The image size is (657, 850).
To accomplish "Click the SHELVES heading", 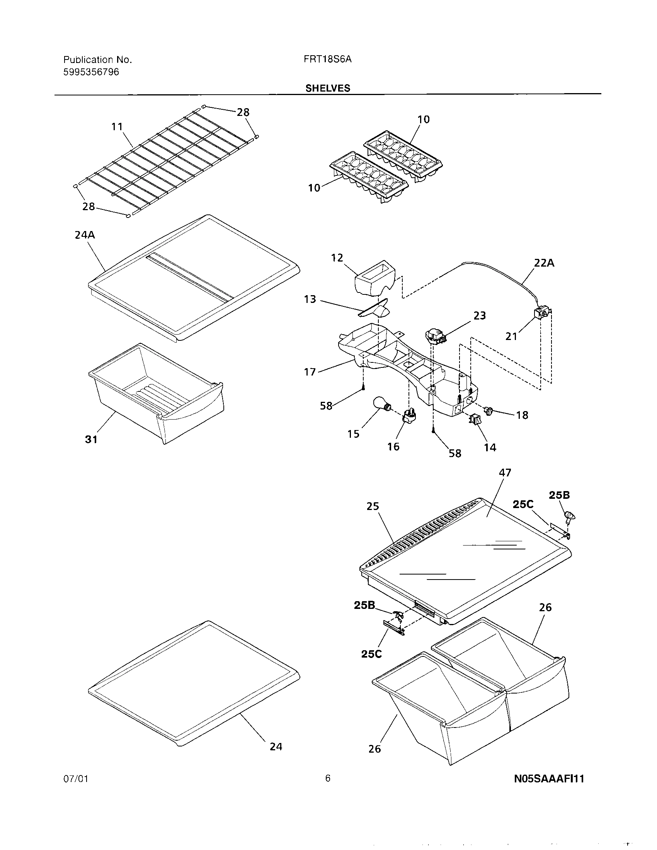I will [x=328, y=88].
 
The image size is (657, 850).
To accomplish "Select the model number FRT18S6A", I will [x=328, y=59].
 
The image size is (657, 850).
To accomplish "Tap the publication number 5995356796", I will [x=91, y=72].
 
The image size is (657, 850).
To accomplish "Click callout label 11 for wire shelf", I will [x=117, y=126].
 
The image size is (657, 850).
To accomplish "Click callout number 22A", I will [x=544, y=263].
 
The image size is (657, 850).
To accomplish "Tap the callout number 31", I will [x=91, y=439].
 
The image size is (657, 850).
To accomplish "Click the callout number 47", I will [x=505, y=473].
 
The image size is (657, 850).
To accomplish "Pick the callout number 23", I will [x=480, y=315].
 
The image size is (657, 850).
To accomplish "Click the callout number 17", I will [x=310, y=372].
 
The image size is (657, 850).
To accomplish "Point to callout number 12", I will [x=337, y=258].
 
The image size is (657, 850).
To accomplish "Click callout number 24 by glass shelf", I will [x=276, y=746].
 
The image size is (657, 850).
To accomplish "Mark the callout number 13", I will [x=310, y=299].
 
